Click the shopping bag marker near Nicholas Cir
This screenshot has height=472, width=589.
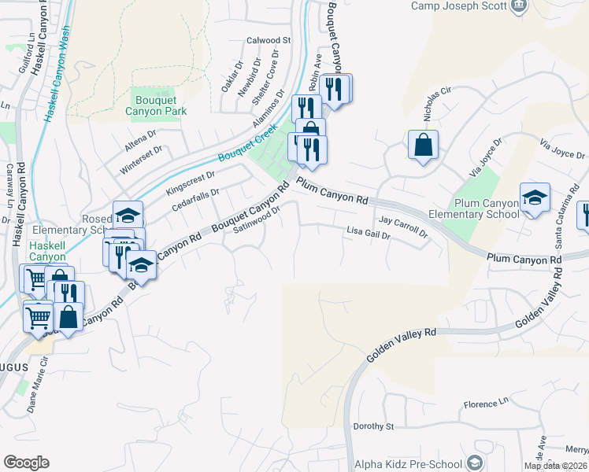pyautogui.click(x=423, y=145)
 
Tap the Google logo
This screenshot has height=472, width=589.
pyautogui.click(x=26, y=462)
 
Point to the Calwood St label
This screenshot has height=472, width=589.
pyautogui.click(x=269, y=39)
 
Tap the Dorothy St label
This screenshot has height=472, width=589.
pyautogui.click(x=373, y=426)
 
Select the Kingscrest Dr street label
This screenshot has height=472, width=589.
pyautogui.click(x=190, y=184)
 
